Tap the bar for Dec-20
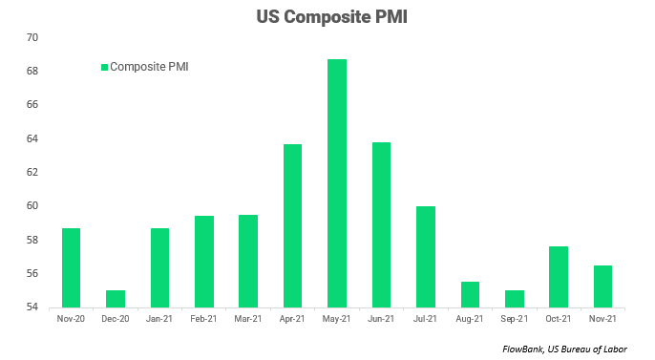pyautogui.click(x=116, y=299)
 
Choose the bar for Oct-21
pyautogui.click(x=559, y=277)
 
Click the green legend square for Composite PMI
pyautogui.click(x=104, y=67)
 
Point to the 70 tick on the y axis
pyautogui.click(x=32, y=37)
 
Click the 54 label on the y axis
pyautogui.click(x=32, y=307)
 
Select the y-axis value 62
pyautogui.click(x=32, y=172)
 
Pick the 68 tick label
pyautogui.click(x=32, y=71)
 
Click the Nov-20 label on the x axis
pyautogui.click(x=71, y=318)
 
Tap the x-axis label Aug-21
pyautogui.click(x=469, y=318)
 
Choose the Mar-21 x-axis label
pyautogui.click(x=247, y=318)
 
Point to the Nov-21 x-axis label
pyautogui.click(x=602, y=318)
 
